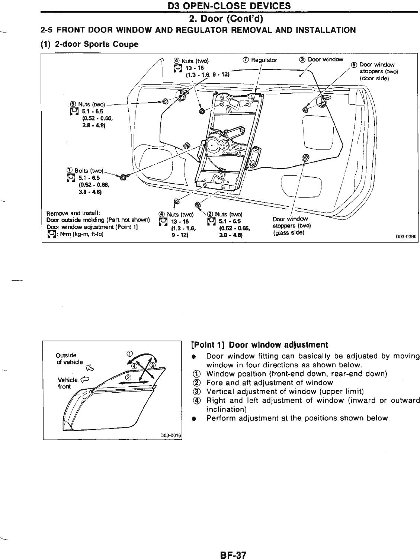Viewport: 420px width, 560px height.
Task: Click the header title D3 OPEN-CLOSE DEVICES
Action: (x=230, y=6)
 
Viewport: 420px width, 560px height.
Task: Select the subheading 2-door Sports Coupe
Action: (x=89, y=44)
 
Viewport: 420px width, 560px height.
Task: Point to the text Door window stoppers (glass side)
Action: (x=291, y=225)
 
